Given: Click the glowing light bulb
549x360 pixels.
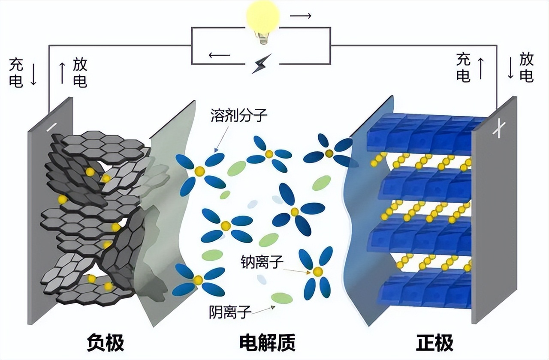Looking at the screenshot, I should point(262,21).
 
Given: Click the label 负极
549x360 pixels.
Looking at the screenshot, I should point(106,343).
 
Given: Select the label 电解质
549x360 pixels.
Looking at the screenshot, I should point(267,343).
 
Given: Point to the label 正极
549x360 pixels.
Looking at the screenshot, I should point(434,343).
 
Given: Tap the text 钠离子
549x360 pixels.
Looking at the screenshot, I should point(262,262).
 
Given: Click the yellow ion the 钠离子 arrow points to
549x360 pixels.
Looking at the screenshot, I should point(317,271).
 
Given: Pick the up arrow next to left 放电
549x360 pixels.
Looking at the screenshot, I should point(62,73).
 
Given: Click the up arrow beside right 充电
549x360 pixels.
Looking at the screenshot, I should point(480,69).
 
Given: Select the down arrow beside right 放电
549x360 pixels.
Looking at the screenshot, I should point(510,68).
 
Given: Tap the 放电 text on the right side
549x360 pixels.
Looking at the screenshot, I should point(526,68).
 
